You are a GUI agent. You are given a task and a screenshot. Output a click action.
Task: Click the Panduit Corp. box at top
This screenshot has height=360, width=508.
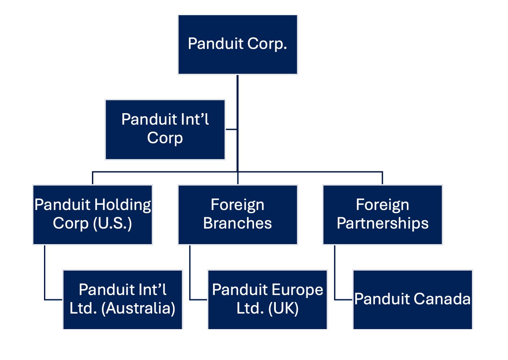pos(237,44)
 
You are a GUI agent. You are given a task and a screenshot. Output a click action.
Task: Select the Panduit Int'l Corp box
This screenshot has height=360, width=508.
pos(165,129)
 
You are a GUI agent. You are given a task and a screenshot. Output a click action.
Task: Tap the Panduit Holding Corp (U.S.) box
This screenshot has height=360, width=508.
pos(92,214)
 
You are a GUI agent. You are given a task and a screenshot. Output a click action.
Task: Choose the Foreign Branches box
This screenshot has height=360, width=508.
pos(237,214)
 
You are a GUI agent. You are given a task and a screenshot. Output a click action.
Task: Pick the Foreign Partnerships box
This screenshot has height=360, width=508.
pos(382,214)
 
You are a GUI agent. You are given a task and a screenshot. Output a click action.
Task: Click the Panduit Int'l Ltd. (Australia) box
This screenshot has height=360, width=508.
pos(122,300)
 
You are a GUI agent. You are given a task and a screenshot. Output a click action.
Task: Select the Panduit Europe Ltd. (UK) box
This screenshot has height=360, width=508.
pos(267,300)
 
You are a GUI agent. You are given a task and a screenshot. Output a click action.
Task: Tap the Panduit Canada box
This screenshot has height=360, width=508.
pos(412,300)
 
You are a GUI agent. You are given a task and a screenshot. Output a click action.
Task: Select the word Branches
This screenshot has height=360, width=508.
pos(237,223)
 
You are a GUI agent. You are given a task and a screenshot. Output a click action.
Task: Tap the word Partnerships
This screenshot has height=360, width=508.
pos(382,223)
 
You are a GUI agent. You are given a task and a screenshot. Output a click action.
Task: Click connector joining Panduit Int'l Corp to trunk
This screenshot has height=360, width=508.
pos(231,129)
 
